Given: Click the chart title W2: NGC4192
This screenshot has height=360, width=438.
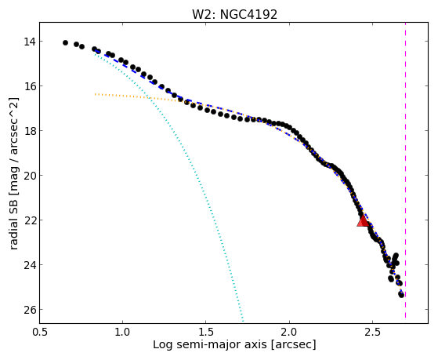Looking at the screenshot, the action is point(234,14).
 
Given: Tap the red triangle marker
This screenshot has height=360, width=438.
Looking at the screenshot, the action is point(363,220).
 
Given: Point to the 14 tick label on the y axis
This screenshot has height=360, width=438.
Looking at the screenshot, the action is point(29,42).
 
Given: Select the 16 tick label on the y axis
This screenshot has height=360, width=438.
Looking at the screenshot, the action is point(29,86).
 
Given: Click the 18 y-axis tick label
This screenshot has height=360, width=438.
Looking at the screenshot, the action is point(29,131).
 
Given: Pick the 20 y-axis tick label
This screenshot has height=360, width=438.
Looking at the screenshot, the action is point(29,176).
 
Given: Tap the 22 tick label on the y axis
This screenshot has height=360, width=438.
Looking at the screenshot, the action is point(29,220).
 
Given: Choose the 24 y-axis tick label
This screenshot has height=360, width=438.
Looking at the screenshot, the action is point(29,265).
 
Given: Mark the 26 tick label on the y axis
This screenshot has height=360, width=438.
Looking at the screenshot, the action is point(29,310).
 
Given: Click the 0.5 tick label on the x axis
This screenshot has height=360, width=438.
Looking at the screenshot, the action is point(39,332).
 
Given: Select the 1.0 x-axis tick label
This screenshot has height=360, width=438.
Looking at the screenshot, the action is point(122,332).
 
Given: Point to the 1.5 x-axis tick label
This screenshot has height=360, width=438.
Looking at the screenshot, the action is point(205,332).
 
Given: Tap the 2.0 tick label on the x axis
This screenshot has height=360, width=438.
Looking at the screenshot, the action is point(289,332).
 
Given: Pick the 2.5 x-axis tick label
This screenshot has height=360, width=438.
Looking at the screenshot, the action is point(372,332).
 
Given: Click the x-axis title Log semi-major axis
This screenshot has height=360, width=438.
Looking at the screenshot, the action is point(210,344).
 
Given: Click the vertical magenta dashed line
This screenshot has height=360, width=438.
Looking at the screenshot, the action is point(405,171).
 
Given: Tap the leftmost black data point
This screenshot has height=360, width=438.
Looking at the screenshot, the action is point(65,43).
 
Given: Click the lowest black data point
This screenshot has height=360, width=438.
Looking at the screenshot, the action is point(401,295).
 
